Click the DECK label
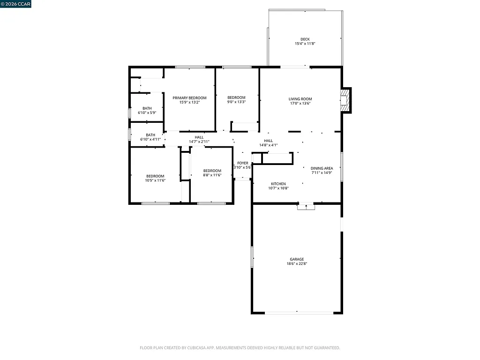tap(305, 39)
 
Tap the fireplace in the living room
tap(345, 100)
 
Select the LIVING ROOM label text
tap(300, 99)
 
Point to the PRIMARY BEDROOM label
tap(189, 98)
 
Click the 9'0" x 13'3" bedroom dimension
tap(236, 102)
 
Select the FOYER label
tap(243, 163)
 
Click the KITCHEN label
tap(278, 184)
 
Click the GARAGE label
tap(296, 259)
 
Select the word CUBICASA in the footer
tap(191, 348)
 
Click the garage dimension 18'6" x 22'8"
tap(296, 263)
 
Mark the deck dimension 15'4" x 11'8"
tap(305, 44)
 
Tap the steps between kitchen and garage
tap(306, 206)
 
